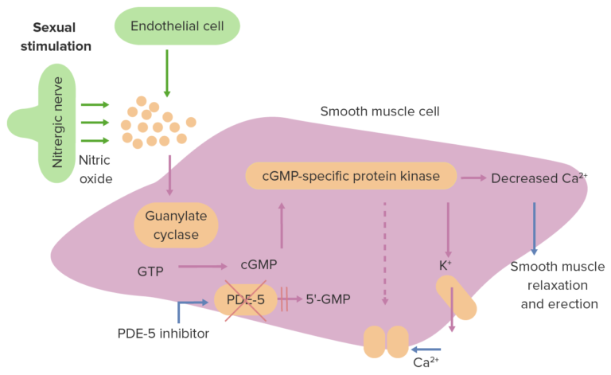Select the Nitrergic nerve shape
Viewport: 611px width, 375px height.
(x=56, y=123)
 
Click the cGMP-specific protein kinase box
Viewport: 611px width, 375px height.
(x=351, y=176)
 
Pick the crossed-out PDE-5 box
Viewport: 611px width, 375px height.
(x=245, y=300)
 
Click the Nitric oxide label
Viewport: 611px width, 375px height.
(x=95, y=169)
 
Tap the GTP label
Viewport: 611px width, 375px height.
(x=150, y=271)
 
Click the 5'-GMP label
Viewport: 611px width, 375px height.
(x=328, y=300)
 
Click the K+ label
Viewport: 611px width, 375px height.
(x=446, y=265)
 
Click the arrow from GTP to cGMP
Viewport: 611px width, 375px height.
(x=204, y=268)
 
